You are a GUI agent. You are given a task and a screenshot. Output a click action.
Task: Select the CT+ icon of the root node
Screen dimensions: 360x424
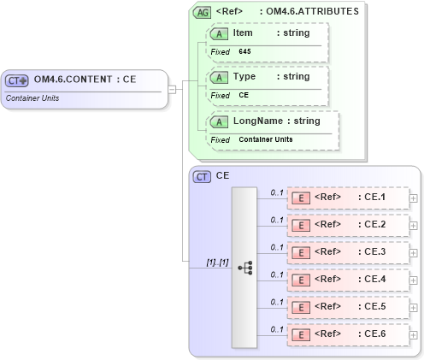17,80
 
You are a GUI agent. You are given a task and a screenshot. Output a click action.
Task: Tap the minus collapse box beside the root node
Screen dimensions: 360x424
172,89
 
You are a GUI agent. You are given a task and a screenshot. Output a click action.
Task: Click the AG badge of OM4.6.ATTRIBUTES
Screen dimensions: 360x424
202,12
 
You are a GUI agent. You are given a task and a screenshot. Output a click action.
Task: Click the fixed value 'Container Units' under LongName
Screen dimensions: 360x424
265,139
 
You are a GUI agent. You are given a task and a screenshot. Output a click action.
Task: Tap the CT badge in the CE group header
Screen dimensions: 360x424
202,176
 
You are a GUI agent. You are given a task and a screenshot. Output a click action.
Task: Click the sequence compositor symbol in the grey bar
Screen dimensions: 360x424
244,267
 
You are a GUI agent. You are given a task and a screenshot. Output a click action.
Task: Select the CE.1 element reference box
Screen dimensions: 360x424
347,198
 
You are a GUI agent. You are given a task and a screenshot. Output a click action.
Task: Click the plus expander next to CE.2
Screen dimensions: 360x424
414,226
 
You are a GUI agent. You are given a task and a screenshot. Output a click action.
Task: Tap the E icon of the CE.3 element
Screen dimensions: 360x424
301,253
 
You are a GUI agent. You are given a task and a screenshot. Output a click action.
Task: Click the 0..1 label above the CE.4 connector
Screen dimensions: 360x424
277,274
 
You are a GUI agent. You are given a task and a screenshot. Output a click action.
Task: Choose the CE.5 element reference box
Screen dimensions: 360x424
347,307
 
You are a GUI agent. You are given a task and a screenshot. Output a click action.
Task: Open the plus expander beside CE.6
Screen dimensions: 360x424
414,335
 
